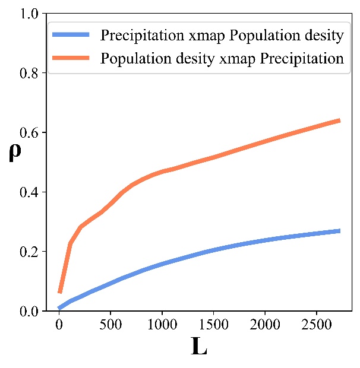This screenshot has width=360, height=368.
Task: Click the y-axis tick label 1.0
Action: point(30,14)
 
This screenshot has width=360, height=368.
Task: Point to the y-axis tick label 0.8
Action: point(30,73)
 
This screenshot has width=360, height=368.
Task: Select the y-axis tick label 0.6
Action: point(30,132)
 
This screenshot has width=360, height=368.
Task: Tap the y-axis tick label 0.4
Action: point(30,192)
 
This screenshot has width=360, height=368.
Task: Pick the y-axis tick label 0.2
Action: point(30,252)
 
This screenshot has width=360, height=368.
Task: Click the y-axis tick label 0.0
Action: point(30,311)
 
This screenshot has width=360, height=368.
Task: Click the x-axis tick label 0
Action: point(59,326)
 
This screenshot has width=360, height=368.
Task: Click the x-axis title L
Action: point(200,347)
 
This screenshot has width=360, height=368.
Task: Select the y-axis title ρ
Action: point(14,153)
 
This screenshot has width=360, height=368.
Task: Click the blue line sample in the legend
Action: point(72,36)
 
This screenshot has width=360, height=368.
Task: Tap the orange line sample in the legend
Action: point(72,59)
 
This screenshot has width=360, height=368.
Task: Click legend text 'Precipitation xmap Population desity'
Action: point(222,36)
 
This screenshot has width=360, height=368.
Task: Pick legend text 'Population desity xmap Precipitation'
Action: point(222,59)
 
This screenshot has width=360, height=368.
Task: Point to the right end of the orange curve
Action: point(339,120)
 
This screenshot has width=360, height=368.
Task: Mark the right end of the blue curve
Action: point(339,231)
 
